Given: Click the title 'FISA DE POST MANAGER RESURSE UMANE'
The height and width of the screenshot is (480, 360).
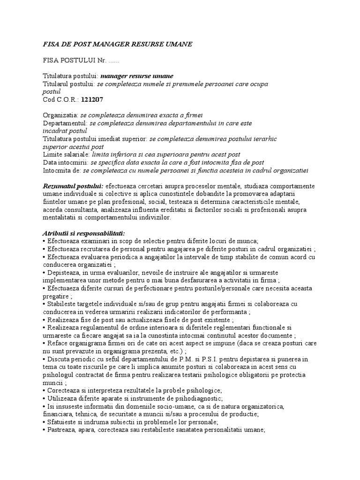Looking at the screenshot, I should (117, 44).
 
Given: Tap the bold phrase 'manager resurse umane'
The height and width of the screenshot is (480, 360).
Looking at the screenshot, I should (137, 76).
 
